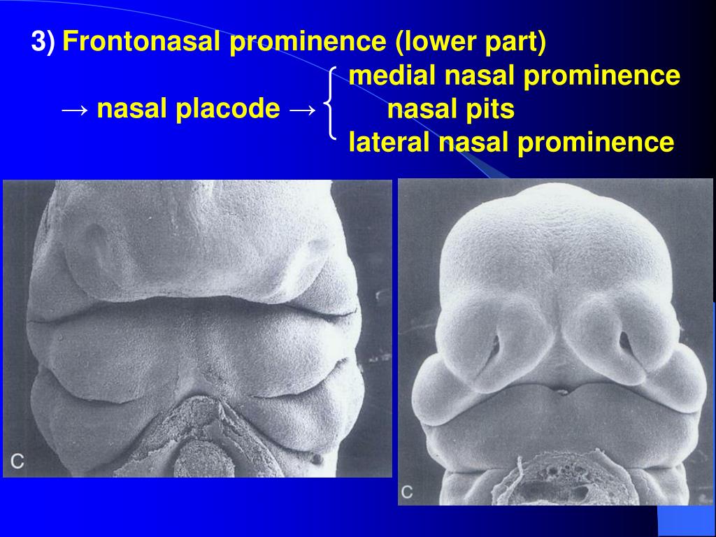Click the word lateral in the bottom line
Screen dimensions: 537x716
[389, 143]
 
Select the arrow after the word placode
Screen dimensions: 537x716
[301, 110]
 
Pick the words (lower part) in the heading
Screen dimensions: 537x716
[470, 43]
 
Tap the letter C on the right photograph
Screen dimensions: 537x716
[407, 492]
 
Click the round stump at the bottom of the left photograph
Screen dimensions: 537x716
[196, 461]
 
